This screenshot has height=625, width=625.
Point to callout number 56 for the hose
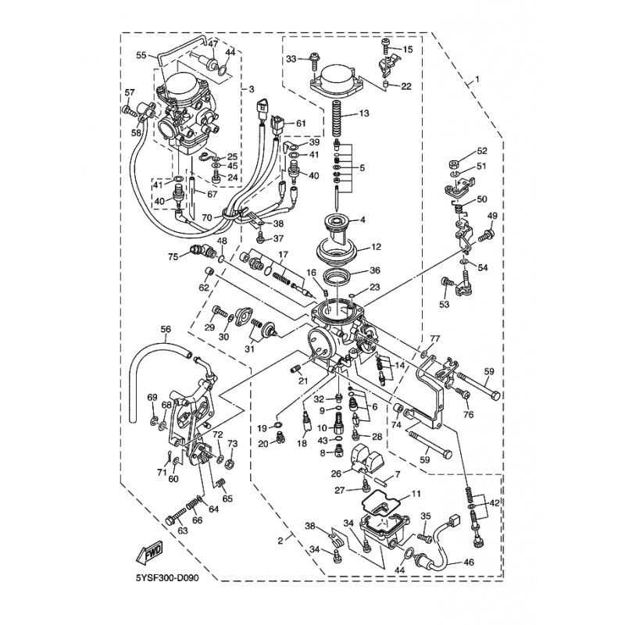point(165,330)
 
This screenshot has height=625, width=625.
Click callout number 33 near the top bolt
point(291,59)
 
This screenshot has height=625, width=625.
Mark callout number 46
point(491,562)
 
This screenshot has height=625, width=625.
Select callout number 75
point(173,255)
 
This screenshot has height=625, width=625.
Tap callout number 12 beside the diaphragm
point(376,247)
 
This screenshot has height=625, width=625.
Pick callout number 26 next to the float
point(335,473)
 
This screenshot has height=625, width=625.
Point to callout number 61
point(299,124)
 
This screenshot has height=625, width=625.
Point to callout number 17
point(283,255)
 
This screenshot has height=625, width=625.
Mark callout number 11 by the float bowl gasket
point(416,494)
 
